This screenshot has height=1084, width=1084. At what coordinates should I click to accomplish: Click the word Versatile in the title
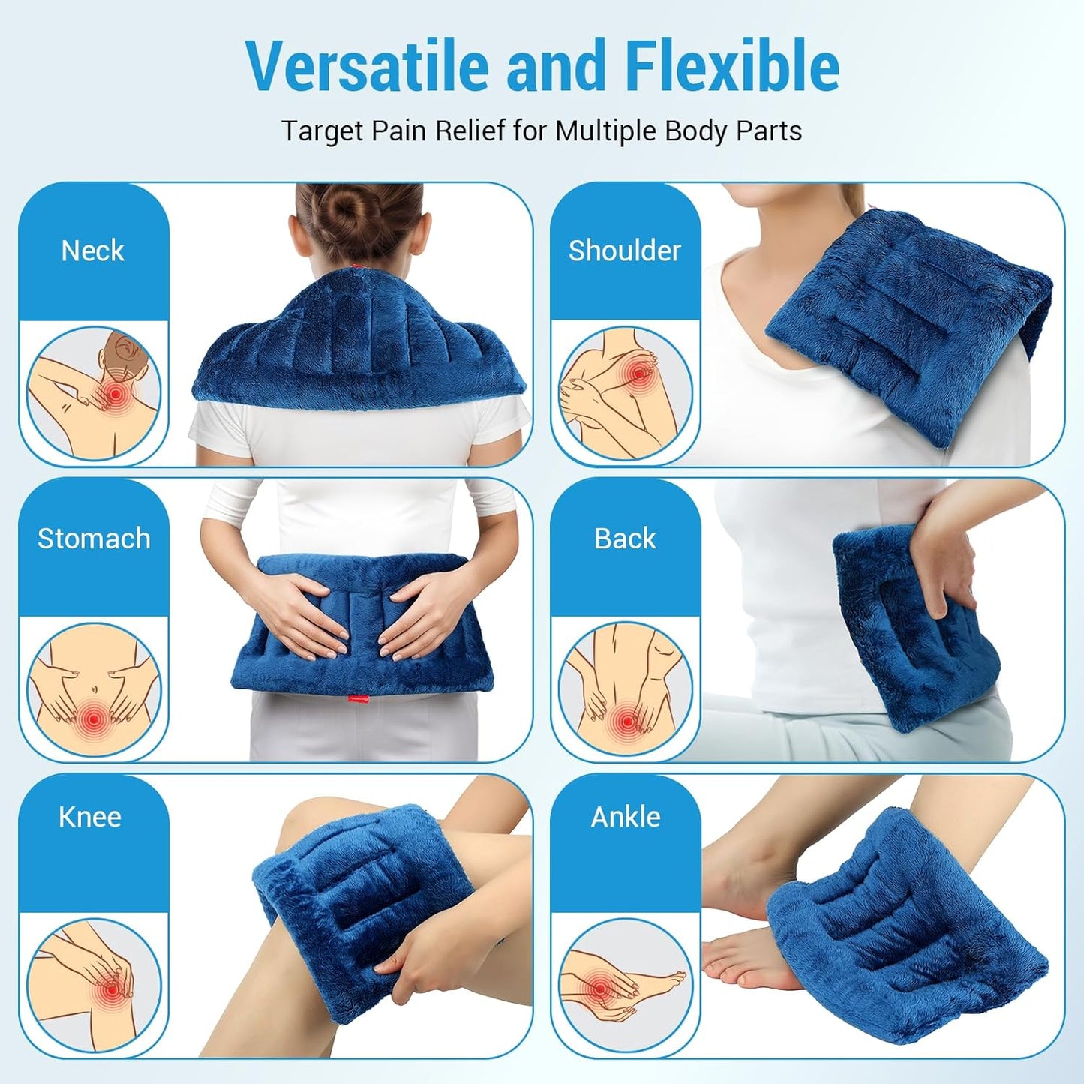point(368,66)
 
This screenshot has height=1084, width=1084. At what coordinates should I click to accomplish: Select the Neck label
point(92,251)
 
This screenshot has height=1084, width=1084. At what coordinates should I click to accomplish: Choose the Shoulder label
point(624,251)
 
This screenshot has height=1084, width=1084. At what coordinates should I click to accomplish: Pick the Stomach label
point(94,539)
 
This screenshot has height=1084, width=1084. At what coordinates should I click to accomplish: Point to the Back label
point(625,539)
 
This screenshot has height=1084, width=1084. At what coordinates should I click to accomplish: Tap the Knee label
point(90,817)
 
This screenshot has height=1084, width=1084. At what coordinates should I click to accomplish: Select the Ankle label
point(626,817)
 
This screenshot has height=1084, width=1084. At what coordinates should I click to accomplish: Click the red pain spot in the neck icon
point(115,394)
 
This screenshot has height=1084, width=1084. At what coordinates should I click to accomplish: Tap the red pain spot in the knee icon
point(112,989)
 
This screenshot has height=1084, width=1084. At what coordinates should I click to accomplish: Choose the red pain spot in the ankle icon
point(599,989)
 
